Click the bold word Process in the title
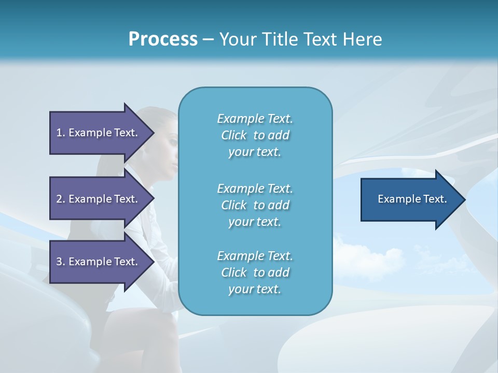click(x=163, y=39)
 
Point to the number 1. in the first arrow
click(x=61, y=133)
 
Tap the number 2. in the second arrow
click(x=61, y=199)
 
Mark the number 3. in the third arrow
click(x=61, y=262)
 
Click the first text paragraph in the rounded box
click(x=255, y=135)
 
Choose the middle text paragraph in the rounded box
click(x=255, y=205)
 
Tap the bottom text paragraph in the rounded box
click(x=255, y=272)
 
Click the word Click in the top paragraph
click(x=234, y=135)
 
